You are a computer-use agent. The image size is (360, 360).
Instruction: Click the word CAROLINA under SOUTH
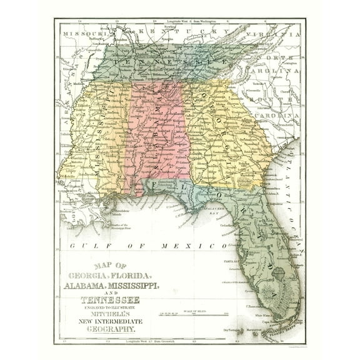point(281,116)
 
